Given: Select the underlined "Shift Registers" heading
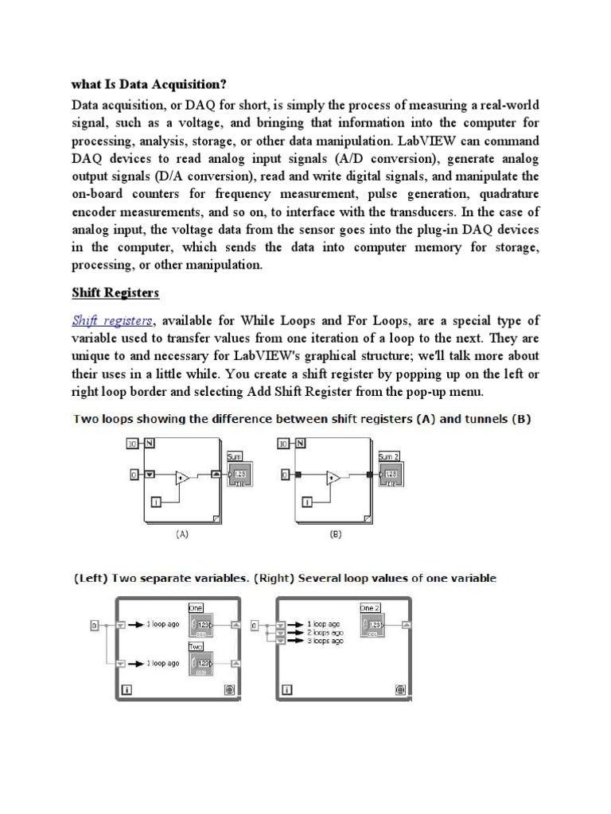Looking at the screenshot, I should (115, 293).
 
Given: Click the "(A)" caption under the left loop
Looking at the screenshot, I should (182, 535).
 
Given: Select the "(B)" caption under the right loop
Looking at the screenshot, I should (335, 535).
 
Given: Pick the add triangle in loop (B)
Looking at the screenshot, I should (333, 478).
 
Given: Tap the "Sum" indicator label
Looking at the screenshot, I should (234, 456).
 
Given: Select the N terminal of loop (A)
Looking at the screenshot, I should (150, 444).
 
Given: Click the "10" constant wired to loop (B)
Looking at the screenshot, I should (282, 444).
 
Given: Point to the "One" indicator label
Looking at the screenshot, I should (196, 607).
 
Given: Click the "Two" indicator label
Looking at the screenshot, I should (196, 647).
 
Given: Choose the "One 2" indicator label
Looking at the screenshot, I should (370, 607).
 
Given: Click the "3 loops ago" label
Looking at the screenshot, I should (325, 641).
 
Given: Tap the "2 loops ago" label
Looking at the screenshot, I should (325, 633).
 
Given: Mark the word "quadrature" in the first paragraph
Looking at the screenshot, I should (500, 194).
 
